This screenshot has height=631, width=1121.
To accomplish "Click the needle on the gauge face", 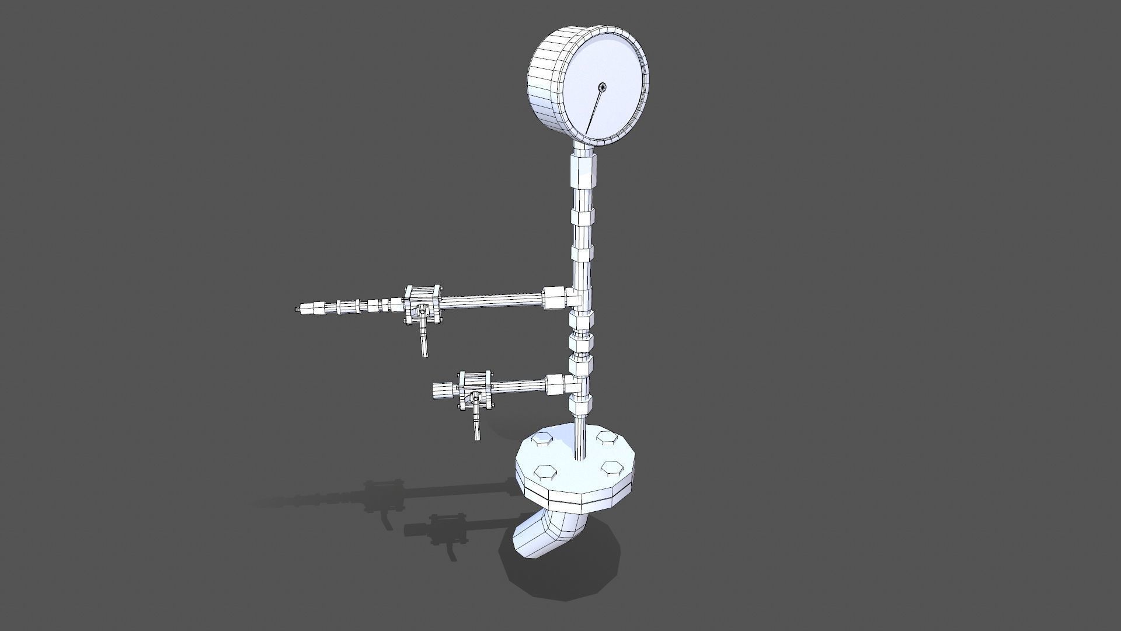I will [594, 110].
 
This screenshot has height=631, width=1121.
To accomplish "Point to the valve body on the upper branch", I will [423, 304].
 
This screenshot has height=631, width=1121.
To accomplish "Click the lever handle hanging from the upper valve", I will [423, 341].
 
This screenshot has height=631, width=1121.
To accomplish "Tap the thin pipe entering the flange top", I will [579, 438].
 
